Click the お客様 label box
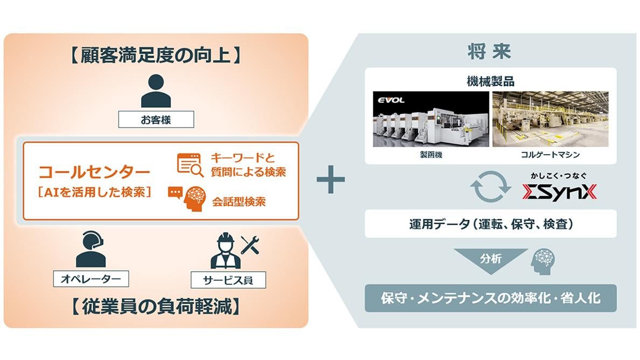click(x=156, y=119)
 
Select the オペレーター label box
click(x=91, y=278)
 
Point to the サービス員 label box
click(x=228, y=279)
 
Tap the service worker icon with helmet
click(x=226, y=251)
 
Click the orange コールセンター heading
click(x=94, y=172)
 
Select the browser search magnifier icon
click(x=190, y=164)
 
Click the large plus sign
click(x=331, y=181)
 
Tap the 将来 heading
click(x=489, y=53)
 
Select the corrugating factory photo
click(x=550, y=119)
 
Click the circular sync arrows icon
click(x=490, y=186)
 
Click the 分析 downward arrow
click(x=491, y=260)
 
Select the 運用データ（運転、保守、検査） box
click(x=490, y=224)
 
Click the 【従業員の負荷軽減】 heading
click(x=156, y=307)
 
